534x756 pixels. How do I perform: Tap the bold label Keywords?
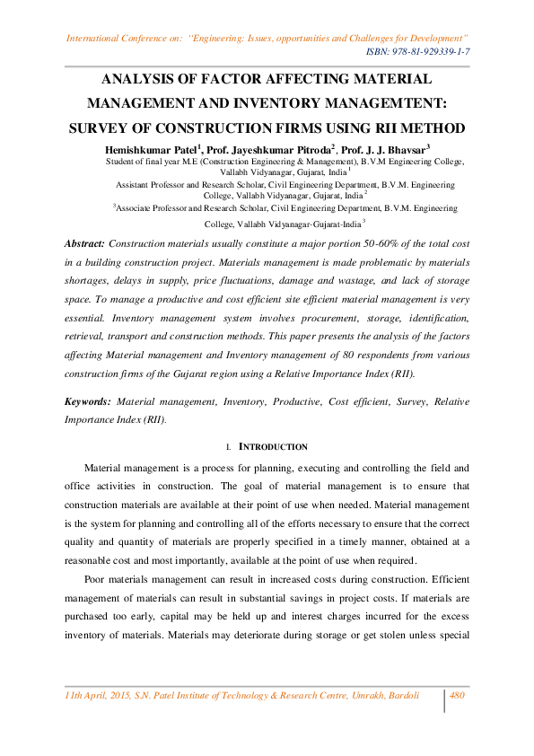click(88, 402)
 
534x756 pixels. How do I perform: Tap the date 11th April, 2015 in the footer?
click(104, 696)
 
